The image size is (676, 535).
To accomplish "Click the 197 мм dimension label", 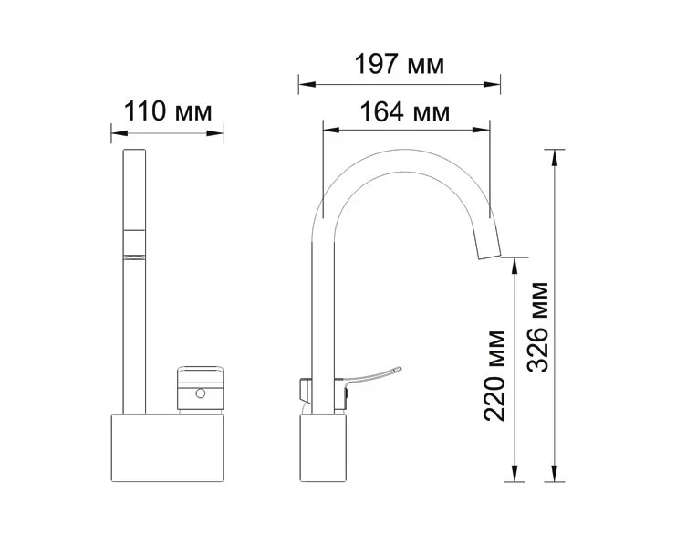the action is (400, 65).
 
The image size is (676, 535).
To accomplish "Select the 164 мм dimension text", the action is (404, 112).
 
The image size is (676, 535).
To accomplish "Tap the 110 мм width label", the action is (168, 111).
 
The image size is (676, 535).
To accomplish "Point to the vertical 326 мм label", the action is (537, 327).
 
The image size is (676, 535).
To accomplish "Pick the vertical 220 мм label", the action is (494, 376).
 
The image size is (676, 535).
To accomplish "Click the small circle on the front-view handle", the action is (200, 393).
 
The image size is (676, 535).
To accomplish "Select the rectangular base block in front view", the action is (168, 448).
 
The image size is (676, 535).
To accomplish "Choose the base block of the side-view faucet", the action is (323, 448).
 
